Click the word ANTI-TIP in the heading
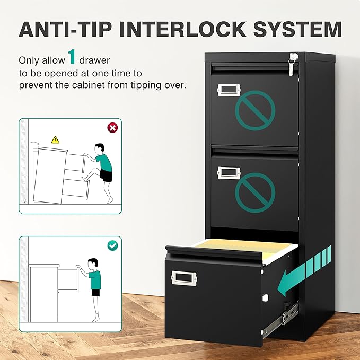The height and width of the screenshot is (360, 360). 65,29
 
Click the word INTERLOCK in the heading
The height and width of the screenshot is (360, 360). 183,29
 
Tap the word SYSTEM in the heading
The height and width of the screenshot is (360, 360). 297,29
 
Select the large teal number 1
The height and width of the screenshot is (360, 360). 72,57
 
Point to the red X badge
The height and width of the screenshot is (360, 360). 112,128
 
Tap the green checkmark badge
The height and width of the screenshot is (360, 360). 112,245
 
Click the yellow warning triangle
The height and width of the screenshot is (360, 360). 55,139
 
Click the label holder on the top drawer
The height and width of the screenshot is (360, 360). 229,90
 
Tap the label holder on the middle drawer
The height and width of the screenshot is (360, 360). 229,173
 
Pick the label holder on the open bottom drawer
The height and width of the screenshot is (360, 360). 184,278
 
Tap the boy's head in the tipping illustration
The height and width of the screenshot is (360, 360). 100,149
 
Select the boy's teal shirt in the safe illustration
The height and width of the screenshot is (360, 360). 95,280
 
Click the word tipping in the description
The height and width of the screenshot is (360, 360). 146,85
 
